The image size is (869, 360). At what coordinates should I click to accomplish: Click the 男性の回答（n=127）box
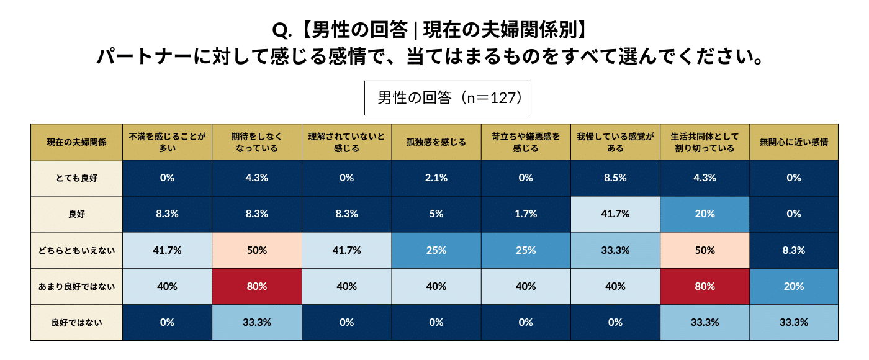point(447,98)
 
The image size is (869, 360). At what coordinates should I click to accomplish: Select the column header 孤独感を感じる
point(436,142)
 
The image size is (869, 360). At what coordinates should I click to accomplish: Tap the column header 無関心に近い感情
point(794,142)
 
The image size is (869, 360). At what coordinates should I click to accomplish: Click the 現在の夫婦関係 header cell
point(77,142)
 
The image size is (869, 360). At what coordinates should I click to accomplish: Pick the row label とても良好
point(77,178)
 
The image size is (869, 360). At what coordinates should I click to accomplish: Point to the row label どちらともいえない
point(77,250)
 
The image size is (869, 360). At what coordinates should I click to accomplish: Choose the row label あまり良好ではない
point(77,286)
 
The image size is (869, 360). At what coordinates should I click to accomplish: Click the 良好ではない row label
point(77,322)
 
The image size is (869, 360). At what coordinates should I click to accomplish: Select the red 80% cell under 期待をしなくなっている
point(257,286)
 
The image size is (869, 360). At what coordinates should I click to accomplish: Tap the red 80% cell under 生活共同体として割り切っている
point(704,286)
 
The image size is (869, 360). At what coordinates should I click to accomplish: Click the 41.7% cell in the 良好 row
point(615,214)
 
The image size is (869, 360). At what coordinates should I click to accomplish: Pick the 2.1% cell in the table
point(436,178)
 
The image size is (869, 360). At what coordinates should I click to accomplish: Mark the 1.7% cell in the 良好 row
point(526,214)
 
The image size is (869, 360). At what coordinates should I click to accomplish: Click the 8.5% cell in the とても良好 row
point(615,178)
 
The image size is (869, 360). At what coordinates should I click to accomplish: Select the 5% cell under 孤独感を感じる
point(436,214)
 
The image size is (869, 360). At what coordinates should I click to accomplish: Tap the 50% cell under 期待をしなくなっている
point(257,250)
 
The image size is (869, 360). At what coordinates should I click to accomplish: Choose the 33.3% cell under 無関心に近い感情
point(794,322)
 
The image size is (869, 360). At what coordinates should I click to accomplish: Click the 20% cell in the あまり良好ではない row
point(794,286)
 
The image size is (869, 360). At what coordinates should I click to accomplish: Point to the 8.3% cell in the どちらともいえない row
point(794,250)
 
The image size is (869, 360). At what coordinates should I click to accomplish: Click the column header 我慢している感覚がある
point(615,142)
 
